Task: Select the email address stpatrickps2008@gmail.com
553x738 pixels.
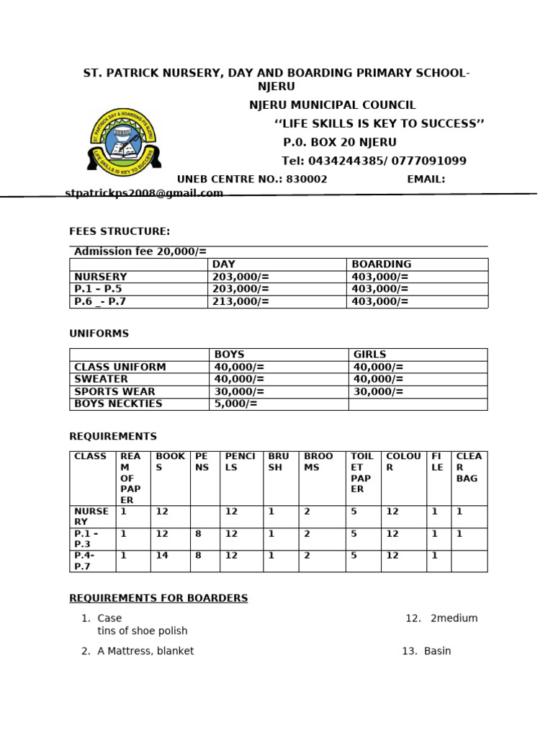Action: [144, 193]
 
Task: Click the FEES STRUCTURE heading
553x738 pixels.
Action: [120, 231]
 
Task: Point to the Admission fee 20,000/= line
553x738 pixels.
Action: [140, 252]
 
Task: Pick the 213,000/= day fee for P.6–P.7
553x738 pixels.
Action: [240, 302]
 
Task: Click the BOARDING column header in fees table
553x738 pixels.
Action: [381, 264]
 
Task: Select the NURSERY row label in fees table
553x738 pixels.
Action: [101, 277]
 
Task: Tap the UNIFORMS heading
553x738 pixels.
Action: [99, 334]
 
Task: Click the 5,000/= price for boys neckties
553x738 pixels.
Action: [235, 404]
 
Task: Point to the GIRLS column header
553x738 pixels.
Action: [369, 355]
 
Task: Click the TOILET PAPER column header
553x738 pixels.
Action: [362, 472]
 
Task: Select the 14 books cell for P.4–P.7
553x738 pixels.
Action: [162, 556]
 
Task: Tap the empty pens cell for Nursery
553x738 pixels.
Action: [204, 517]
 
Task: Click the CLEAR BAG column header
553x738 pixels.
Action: [469, 467]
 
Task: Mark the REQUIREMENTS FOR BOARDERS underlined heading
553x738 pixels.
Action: [158, 598]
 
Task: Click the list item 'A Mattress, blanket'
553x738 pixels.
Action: [145, 651]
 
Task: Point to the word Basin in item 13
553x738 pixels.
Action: [437, 651]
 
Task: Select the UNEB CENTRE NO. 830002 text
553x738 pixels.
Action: [252, 179]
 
